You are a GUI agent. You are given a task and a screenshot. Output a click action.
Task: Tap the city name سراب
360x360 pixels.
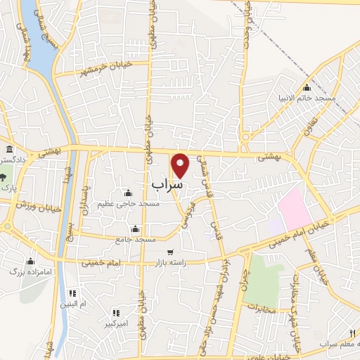point(167,184)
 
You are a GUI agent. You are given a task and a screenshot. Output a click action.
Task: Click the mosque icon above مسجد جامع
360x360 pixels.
point(136,229)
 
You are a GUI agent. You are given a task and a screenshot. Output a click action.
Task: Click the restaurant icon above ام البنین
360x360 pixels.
point(72,293)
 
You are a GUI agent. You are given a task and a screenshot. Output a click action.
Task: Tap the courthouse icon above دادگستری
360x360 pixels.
point(8,150)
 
